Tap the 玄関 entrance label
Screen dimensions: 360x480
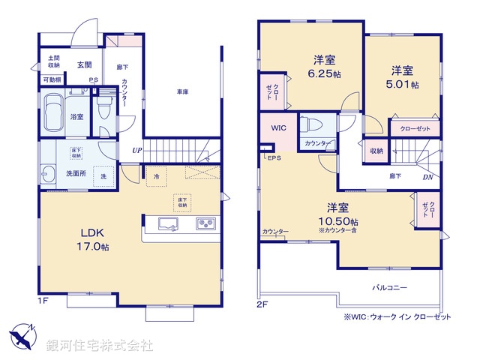(83, 64)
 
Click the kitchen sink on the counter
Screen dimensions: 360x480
(166, 223)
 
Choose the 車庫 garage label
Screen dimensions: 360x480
(182, 91)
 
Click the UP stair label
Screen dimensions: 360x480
(136, 150)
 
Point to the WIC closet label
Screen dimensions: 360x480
(279, 127)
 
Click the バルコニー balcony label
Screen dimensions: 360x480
(388, 287)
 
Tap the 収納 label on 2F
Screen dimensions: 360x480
(376, 151)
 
